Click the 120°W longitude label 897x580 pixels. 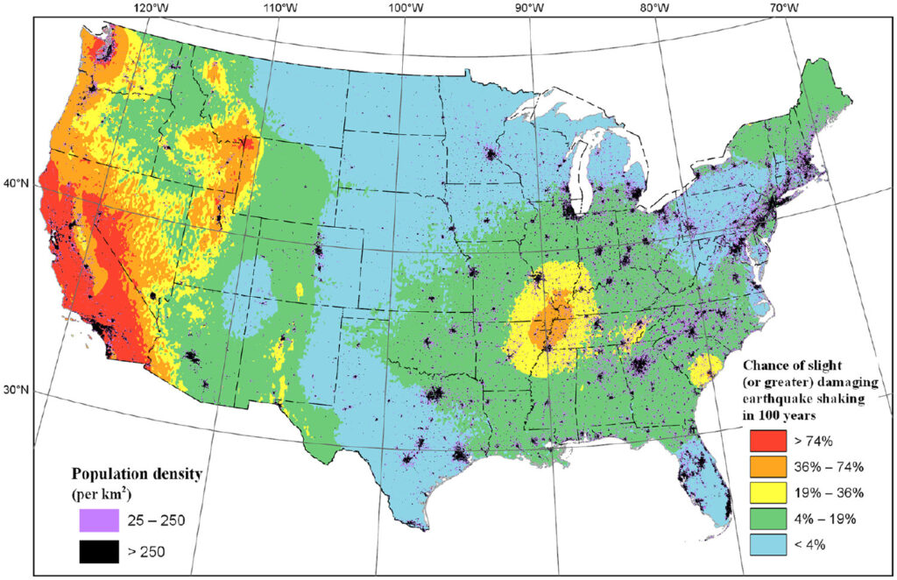(x=152, y=9)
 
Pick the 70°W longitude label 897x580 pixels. (x=782, y=9)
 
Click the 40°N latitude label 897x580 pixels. (x=18, y=185)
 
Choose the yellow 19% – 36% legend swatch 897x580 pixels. (x=767, y=492)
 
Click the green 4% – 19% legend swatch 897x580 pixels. (x=767, y=517)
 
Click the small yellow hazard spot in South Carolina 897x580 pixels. (x=699, y=371)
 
